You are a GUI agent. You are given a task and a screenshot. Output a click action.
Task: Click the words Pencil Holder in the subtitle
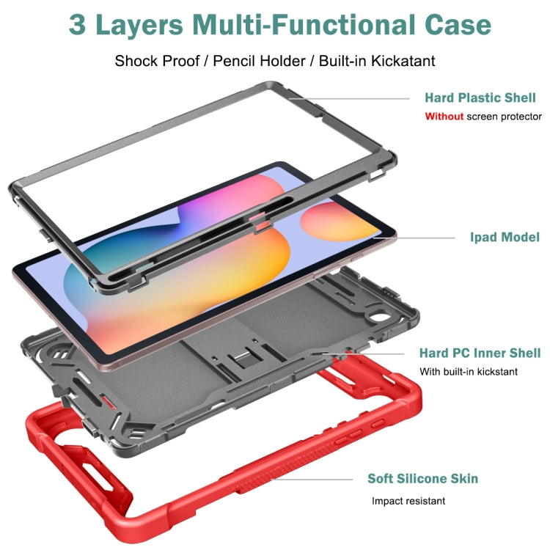(260, 61)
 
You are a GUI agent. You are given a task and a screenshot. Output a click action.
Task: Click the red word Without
(444, 117)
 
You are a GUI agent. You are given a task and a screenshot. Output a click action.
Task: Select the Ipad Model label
(505, 237)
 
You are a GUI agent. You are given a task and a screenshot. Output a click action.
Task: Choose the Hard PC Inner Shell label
(480, 353)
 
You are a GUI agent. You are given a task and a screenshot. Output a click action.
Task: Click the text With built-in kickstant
(469, 372)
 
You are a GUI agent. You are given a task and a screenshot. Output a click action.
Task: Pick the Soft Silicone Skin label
(422, 479)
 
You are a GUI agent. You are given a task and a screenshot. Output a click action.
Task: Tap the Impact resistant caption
(408, 502)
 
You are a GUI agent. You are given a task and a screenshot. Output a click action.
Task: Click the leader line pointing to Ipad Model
(418, 237)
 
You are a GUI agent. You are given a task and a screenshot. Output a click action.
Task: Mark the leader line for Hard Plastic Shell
(352, 98)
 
